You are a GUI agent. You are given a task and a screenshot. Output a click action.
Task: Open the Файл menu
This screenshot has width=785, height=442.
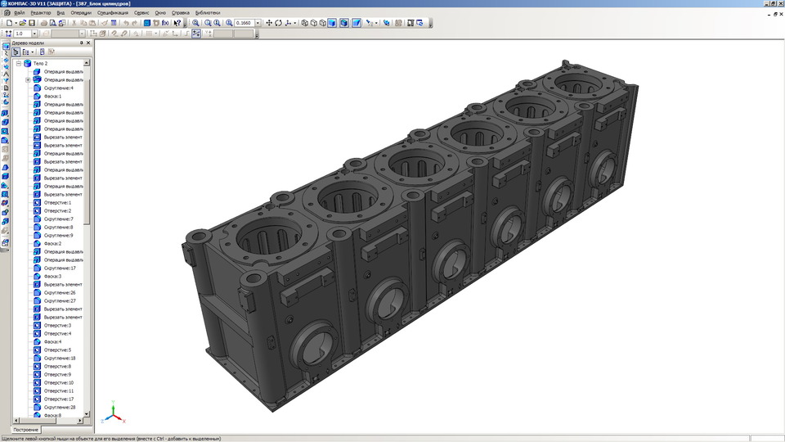point(19,13)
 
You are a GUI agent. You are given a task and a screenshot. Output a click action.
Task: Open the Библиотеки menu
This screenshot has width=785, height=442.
point(207,13)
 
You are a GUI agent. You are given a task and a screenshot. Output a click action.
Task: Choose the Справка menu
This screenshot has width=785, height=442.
point(181,13)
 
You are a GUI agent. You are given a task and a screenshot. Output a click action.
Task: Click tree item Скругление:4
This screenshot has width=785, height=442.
point(58,88)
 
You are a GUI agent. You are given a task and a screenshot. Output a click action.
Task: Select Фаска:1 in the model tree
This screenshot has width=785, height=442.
point(53,96)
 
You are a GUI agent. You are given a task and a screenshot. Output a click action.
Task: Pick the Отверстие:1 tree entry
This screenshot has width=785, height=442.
point(57,202)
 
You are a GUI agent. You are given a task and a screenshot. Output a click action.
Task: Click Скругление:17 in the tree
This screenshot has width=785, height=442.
point(60,268)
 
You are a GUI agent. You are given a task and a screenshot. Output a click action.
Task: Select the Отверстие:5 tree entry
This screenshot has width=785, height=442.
point(57,350)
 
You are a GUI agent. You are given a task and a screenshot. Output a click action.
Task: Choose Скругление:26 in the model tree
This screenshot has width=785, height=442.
point(60,292)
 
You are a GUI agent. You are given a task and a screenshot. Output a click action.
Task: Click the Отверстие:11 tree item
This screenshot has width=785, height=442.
point(59,390)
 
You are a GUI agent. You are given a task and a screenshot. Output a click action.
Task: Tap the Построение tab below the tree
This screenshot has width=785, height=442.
point(25,430)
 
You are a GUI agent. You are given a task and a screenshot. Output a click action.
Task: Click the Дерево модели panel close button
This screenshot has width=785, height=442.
point(88,43)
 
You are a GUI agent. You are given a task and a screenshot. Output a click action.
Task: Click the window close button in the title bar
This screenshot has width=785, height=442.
point(779,4)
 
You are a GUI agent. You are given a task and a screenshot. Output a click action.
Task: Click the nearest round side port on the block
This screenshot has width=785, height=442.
point(312,345)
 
